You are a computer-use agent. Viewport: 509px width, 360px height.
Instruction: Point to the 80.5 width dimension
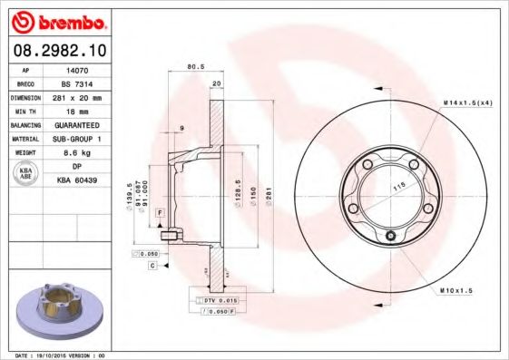click(x=193, y=67)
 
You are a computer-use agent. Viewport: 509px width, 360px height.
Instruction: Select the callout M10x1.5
click(x=457, y=290)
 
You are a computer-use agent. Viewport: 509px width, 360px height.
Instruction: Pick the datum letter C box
click(x=152, y=266)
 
